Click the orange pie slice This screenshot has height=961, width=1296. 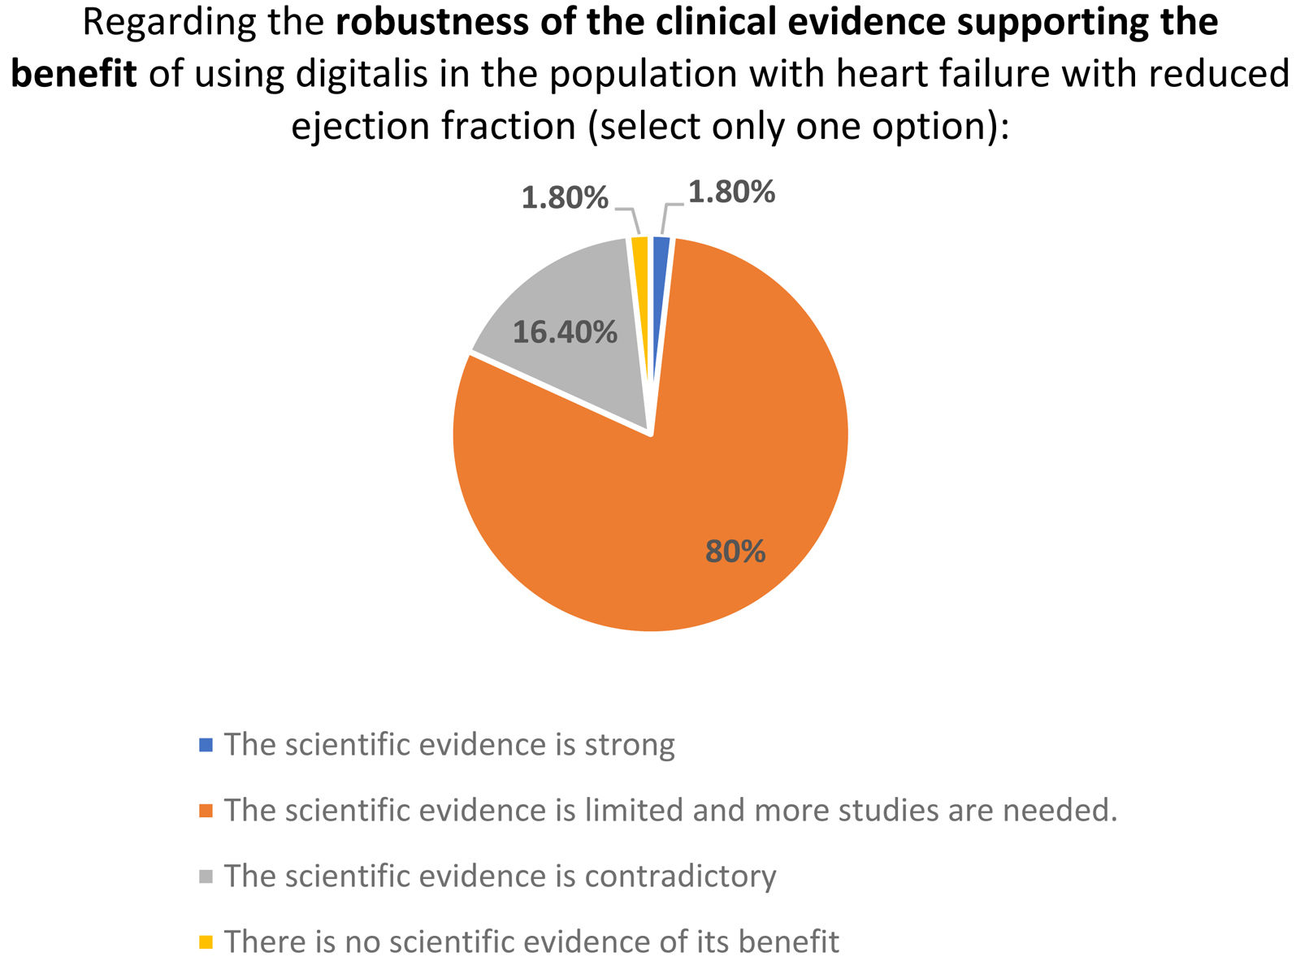(x=672, y=496)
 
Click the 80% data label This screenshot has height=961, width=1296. (x=735, y=551)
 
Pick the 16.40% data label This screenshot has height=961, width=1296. (x=565, y=331)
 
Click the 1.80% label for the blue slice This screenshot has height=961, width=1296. (x=731, y=193)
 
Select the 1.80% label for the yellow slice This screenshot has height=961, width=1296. (x=565, y=197)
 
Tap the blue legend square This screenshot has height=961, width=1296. (x=206, y=745)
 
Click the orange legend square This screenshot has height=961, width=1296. (x=206, y=811)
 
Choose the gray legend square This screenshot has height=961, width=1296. (x=206, y=877)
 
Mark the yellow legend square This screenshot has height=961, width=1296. (x=206, y=942)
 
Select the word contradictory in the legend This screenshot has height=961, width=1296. (x=680, y=877)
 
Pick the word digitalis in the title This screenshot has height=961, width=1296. (x=362, y=74)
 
